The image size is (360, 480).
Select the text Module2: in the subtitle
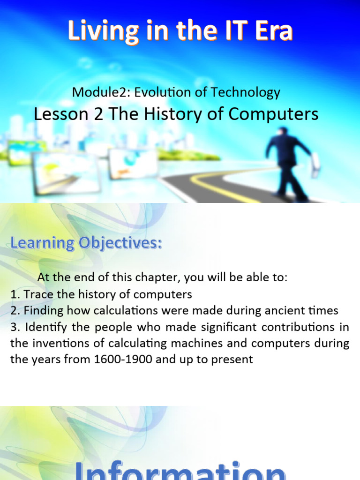point(101,92)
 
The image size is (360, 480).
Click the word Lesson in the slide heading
point(63,114)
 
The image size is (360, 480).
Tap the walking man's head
point(283,132)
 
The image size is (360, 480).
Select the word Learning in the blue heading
point(42,243)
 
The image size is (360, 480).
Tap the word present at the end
point(231,360)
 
